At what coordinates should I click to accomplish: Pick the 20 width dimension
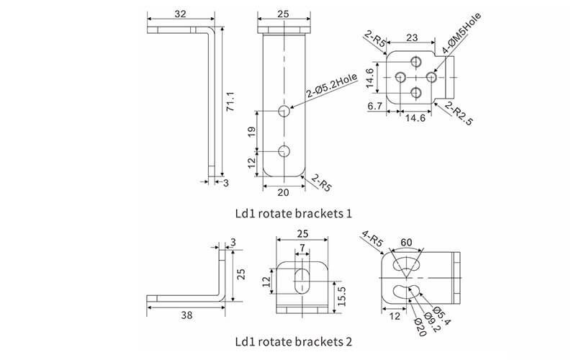point(284,192)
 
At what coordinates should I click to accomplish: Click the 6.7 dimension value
point(374,107)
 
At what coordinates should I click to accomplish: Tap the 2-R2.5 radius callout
point(459,114)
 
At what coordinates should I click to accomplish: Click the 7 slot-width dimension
point(302,248)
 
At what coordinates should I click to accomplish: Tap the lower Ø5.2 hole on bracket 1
point(284,152)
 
